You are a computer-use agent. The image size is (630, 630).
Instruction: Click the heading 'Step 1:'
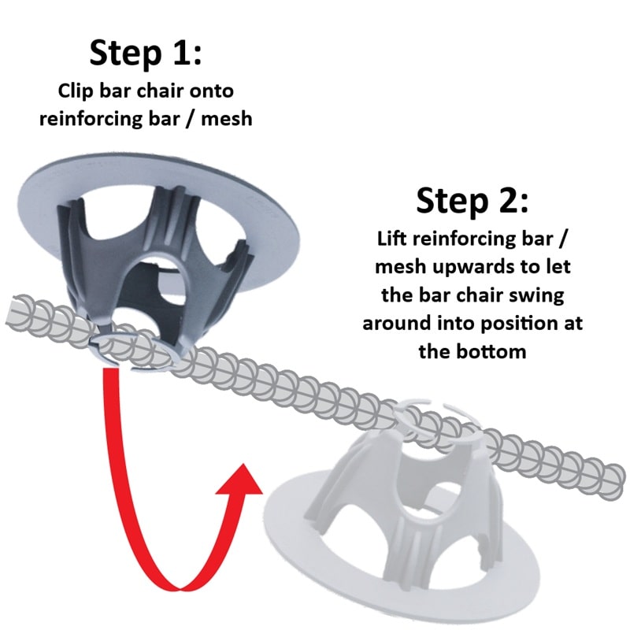146,53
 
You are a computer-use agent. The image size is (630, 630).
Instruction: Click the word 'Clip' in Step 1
76,90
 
